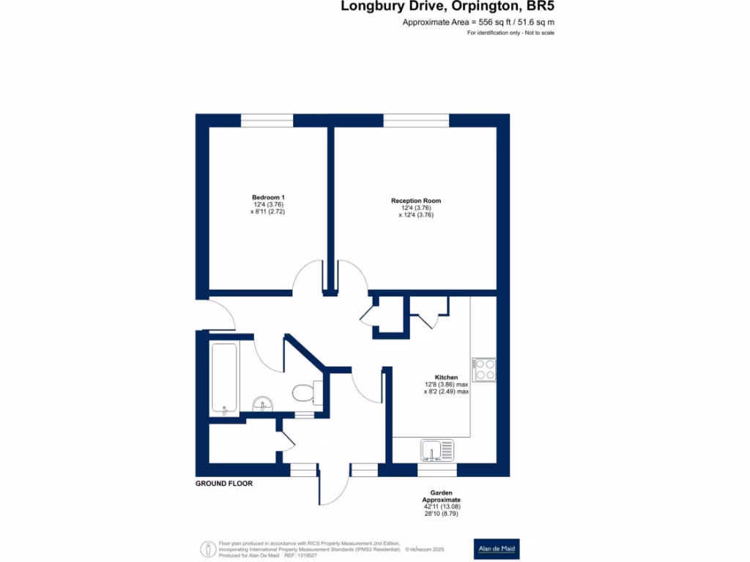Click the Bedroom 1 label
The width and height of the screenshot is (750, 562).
267,198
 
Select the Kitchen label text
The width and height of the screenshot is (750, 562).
446,378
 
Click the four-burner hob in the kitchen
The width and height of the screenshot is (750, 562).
484,370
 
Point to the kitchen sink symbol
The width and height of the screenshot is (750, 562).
437,449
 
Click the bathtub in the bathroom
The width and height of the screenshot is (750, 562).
223,379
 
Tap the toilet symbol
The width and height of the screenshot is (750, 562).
302,394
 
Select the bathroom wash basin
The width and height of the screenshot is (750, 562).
263,404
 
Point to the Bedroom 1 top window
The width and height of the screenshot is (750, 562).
267,121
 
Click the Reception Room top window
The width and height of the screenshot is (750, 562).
416,121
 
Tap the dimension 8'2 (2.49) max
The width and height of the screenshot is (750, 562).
446,391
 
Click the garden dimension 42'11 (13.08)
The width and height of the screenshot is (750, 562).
441,506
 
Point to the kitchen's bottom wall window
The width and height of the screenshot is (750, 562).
437,470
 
